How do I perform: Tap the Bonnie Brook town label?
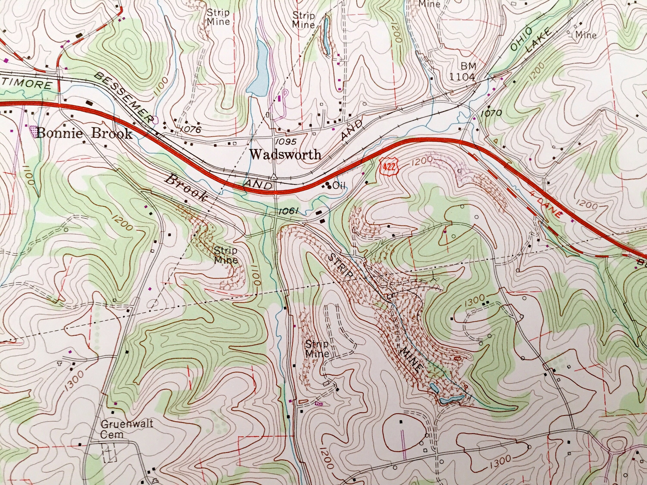(85, 134)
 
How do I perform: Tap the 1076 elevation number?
(191, 129)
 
